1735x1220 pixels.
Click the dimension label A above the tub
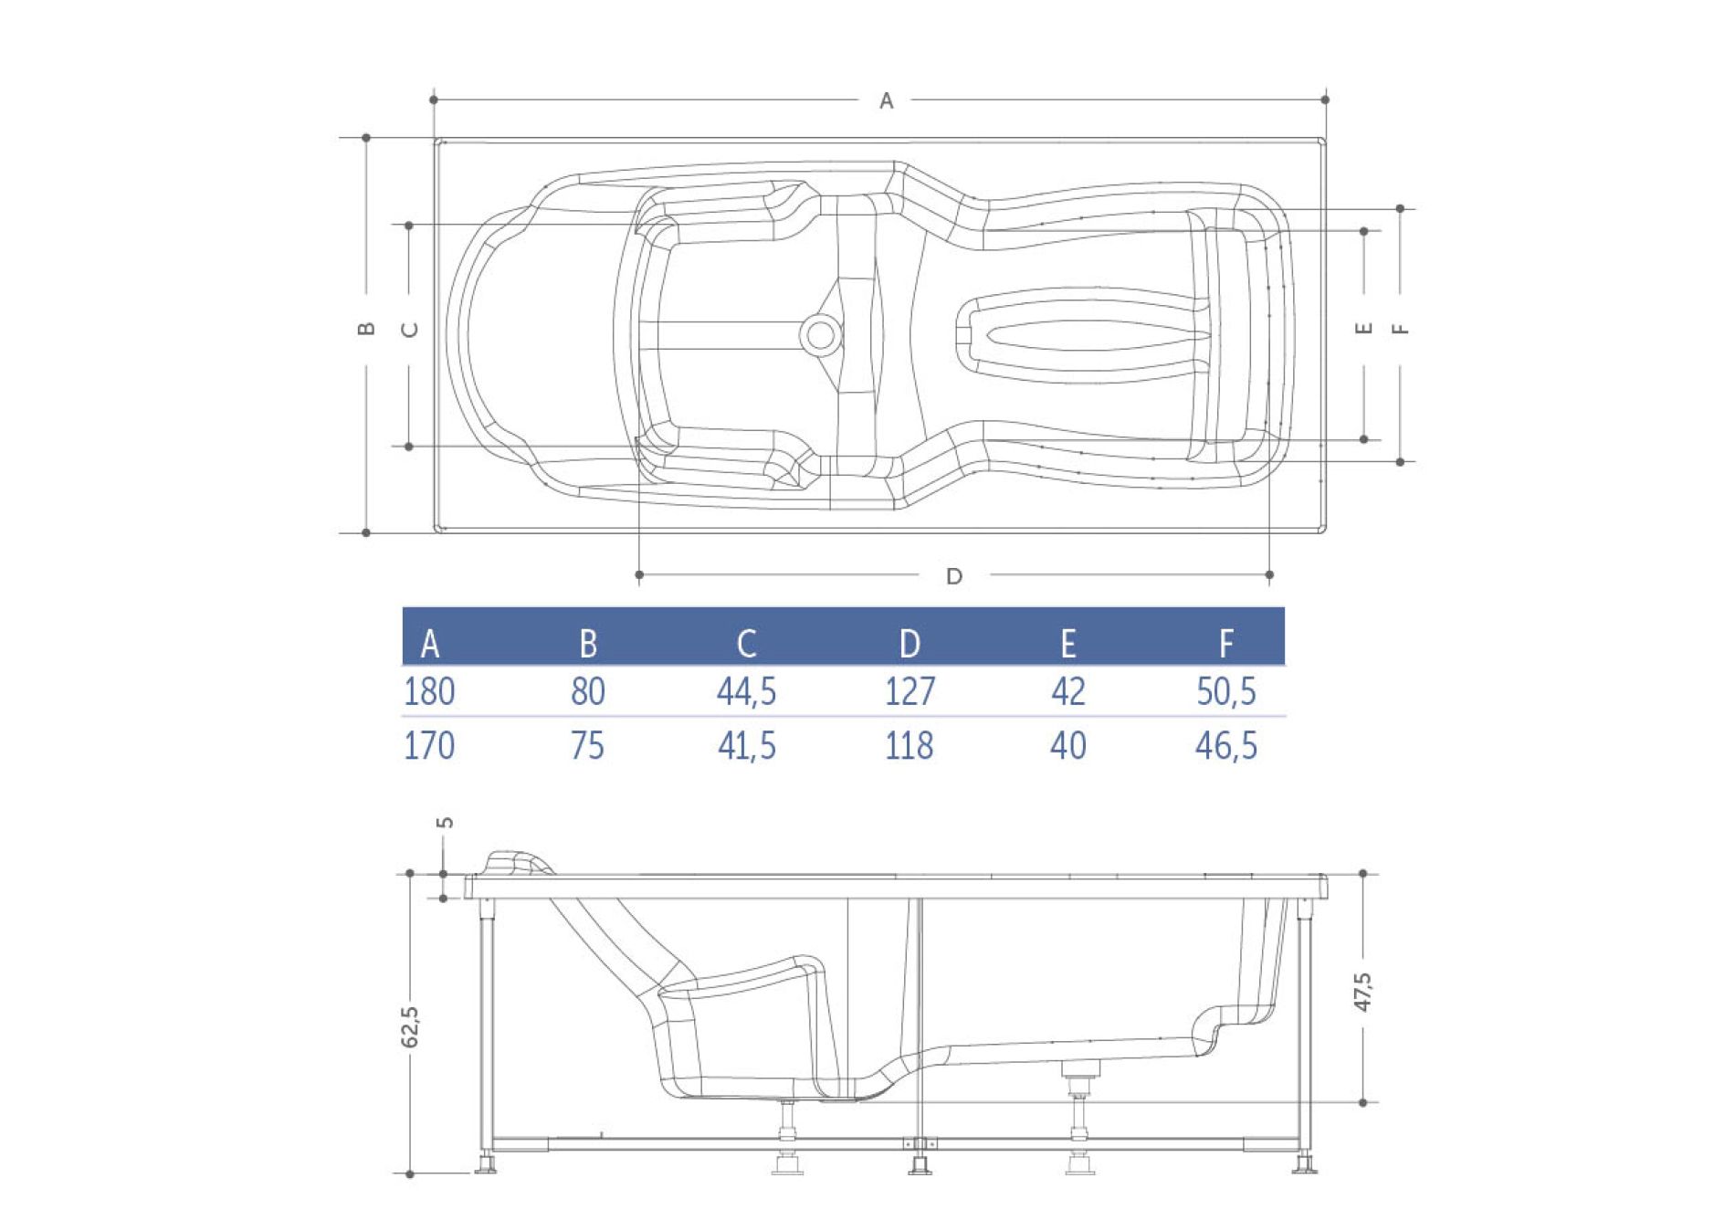(x=886, y=101)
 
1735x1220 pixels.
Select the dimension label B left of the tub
(x=366, y=329)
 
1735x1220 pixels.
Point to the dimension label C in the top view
(x=410, y=330)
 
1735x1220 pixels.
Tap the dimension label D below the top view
(x=954, y=576)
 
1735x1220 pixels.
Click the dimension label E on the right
(x=1364, y=328)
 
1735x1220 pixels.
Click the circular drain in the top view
(x=819, y=335)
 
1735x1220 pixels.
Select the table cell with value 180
(x=429, y=691)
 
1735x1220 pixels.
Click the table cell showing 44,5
(x=746, y=691)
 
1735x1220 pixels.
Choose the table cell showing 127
(x=910, y=691)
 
